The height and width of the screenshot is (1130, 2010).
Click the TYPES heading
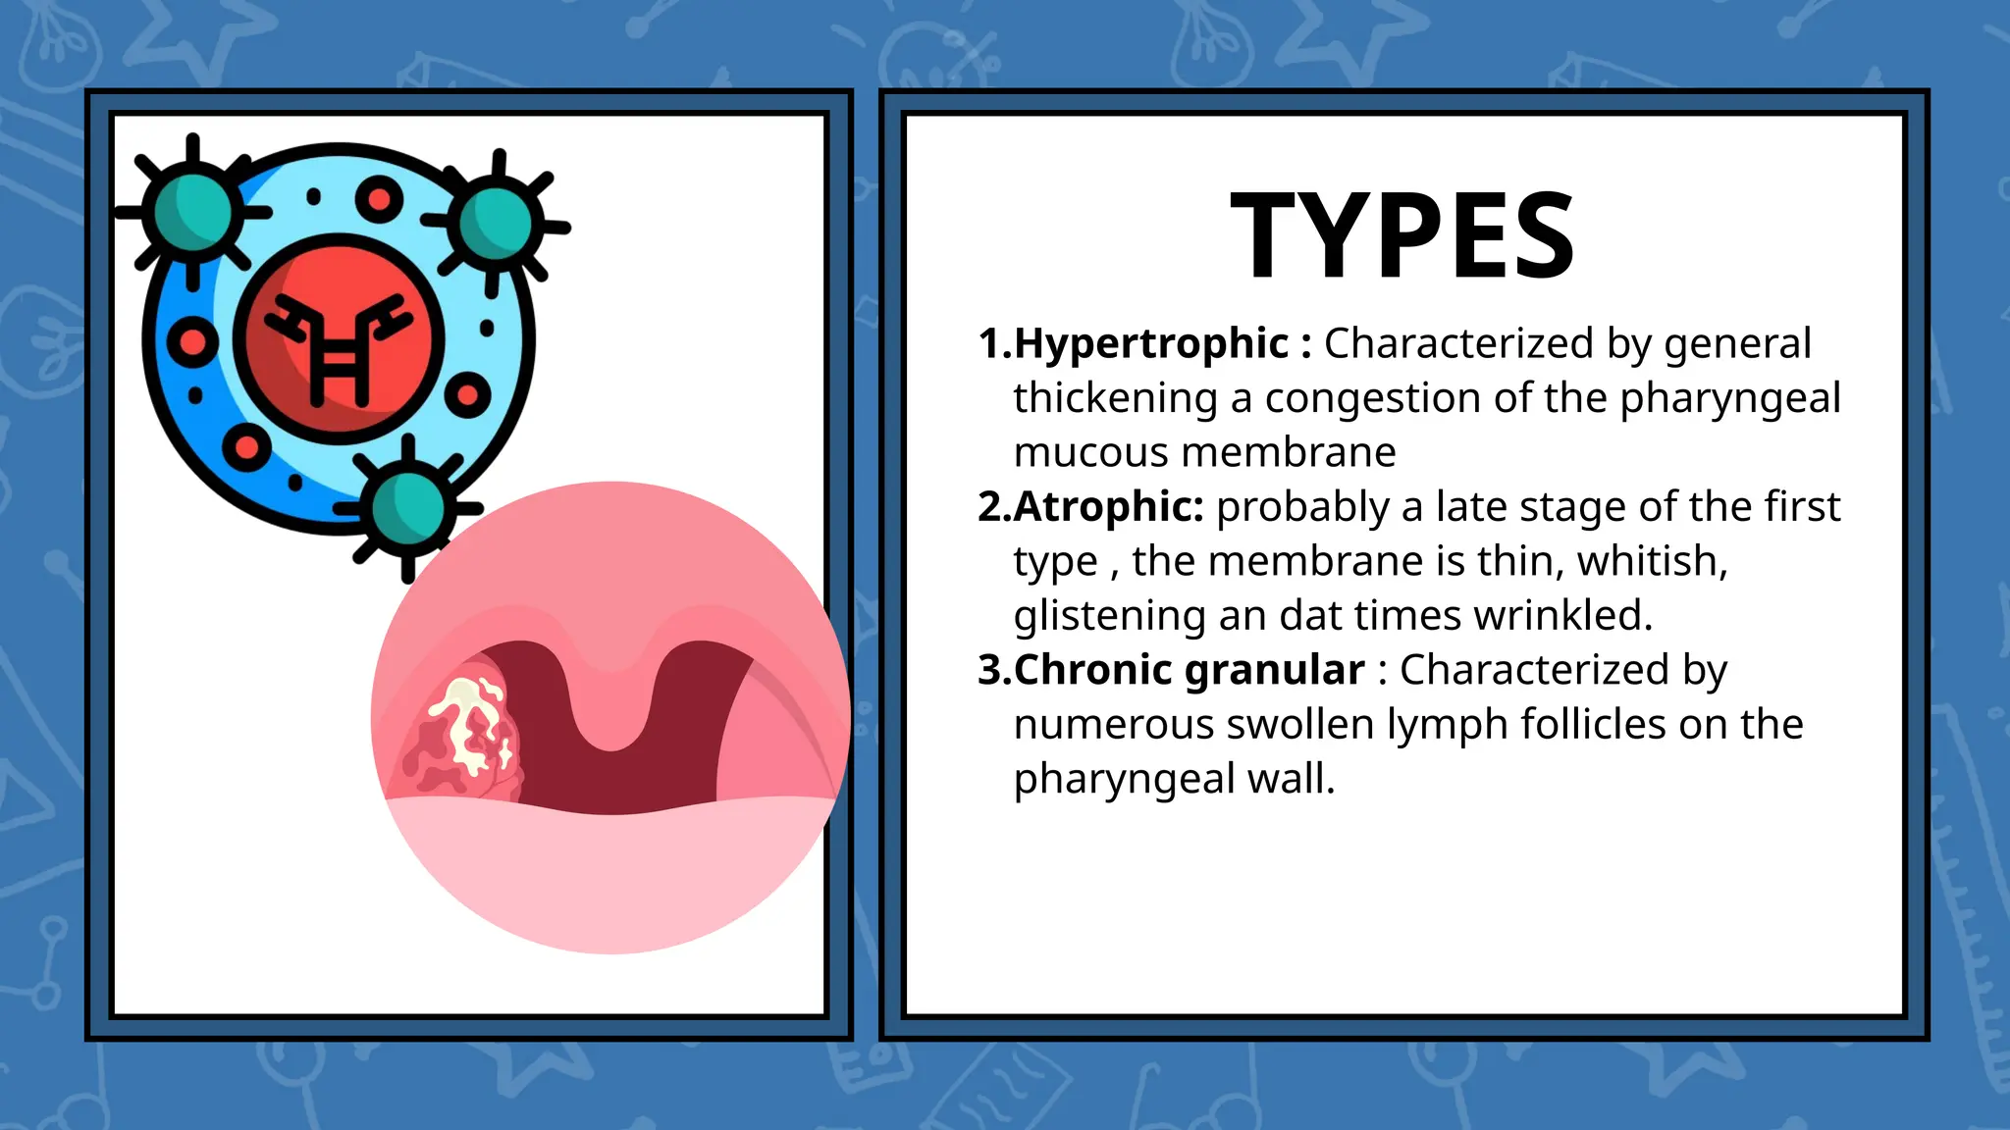tap(1402, 235)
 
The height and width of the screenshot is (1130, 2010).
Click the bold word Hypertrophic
tap(1150, 343)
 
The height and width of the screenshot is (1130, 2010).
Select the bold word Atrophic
tap(1107, 506)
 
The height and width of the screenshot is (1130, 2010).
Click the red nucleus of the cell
tap(339, 338)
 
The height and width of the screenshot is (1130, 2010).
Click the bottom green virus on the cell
tap(408, 509)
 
